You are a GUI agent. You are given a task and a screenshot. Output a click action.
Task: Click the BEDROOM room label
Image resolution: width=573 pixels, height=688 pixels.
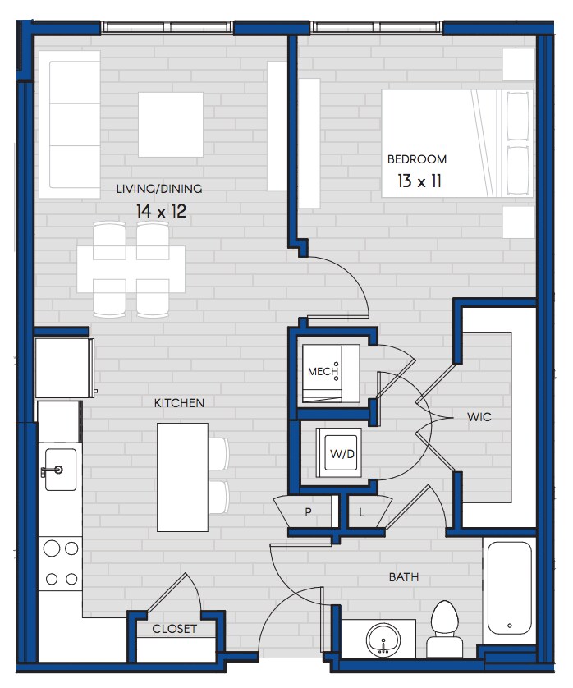[416, 159]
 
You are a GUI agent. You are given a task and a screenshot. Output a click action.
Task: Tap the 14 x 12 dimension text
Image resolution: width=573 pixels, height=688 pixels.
[161, 212]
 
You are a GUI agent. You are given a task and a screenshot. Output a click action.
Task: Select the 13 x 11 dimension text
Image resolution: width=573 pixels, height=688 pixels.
[419, 181]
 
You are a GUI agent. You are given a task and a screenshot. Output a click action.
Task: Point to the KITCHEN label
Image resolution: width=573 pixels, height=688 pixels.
[179, 403]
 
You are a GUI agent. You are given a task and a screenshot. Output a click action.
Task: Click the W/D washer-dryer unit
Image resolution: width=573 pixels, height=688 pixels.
[339, 453]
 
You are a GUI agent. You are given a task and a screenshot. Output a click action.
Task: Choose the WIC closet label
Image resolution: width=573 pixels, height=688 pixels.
[479, 416]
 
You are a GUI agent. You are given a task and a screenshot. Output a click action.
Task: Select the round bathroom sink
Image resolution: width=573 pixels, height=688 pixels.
[383, 640]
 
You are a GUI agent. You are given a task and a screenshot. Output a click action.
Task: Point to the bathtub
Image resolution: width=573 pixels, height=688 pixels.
[509, 588]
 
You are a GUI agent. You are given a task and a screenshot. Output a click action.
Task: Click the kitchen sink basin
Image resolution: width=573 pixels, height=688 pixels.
[61, 470]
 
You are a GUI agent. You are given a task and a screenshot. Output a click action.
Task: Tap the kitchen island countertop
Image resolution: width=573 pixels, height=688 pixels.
[182, 477]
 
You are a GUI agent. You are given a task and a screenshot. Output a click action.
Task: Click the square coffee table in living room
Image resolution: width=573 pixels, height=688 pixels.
[171, 125]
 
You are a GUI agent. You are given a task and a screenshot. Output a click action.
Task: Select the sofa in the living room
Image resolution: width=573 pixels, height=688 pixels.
[71, 125]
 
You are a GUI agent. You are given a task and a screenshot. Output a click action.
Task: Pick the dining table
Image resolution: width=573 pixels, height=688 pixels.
[131, 269]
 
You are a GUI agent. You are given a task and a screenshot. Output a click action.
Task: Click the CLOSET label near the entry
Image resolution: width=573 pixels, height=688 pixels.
[174, 629]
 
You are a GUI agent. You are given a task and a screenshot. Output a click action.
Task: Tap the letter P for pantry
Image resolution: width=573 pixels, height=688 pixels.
[308, 511]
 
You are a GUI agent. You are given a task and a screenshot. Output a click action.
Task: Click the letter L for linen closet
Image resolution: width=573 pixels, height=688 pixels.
[361, 512]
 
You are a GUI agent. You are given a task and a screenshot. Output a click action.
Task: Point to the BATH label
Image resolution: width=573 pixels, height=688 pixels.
[404, 577]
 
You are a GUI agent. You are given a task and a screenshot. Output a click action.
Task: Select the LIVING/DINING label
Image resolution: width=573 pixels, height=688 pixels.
[159, 189]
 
